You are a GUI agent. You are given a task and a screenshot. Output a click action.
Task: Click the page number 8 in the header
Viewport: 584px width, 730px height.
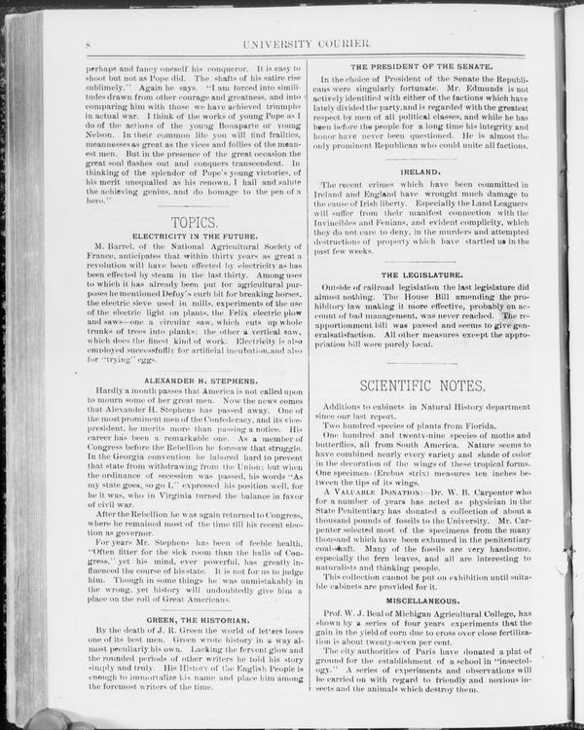[88, 45]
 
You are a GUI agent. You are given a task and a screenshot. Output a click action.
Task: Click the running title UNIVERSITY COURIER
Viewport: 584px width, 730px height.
[322, 45]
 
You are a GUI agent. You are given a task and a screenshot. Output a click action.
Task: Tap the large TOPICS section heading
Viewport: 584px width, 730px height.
[195, 224]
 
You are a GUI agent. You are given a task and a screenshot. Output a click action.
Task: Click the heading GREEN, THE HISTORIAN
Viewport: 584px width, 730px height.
[195, 619]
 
